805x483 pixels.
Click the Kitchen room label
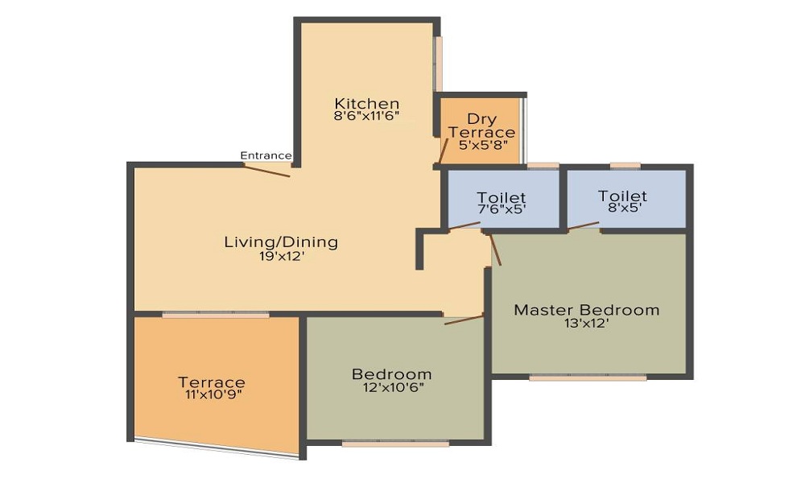click(367, 104)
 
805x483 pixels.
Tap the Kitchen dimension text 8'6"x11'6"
click(367, 116)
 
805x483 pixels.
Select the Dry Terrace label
click(481, 126)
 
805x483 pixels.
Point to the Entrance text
click(266, 155)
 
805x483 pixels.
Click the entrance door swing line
click(267, 170)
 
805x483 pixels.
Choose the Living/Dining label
click(281, 242)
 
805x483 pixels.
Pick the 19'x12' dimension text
click(281, 258)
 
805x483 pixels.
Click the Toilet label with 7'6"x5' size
click(502, 198)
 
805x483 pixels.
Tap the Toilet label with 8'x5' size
click(622, 196)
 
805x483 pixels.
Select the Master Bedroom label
click(587, 310)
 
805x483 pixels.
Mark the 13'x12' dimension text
click(587, 324)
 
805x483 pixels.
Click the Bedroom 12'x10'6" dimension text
click(392, 387)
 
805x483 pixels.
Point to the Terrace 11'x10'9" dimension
click(212, 394)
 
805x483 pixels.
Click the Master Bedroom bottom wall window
click(588, 377)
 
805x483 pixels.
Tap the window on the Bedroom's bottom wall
click(395, 443)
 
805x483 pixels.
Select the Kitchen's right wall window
click(439, 64)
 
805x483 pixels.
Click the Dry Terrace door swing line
click(443, 151)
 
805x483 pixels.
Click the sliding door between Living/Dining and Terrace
click(215, 314)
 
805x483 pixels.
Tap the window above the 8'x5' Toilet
click(625, 166)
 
